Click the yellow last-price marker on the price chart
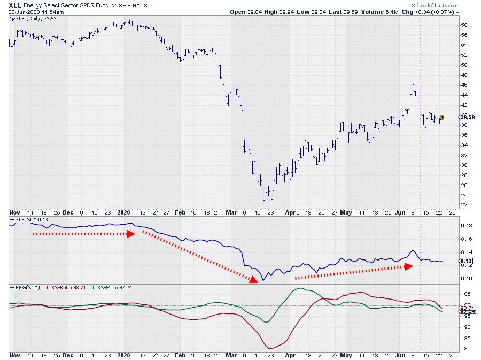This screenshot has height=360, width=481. tap(442, 117)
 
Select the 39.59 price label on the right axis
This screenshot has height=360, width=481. tap(464, 117)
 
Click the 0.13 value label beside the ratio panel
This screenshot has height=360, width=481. tap(464, 261)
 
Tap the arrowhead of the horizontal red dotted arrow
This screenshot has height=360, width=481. tap(131, 234)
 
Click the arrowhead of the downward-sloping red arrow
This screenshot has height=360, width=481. tap(253, 278)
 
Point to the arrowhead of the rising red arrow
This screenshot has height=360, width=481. tap(409, 266)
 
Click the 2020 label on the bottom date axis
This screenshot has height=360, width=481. tap(123, 355)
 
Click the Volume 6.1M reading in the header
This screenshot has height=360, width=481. tap(402, 12)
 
